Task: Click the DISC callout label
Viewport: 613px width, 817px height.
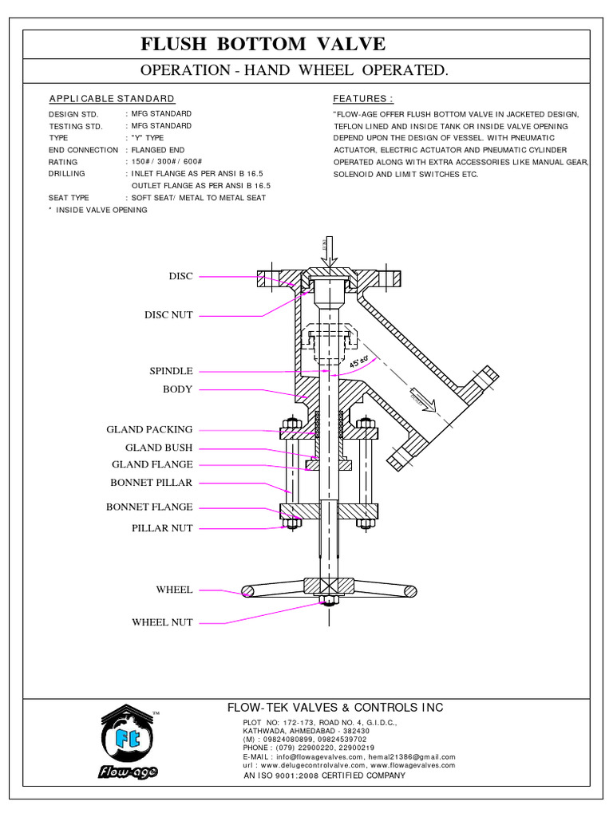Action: click(180, 276)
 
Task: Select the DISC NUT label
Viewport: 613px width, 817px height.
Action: click(168, 315)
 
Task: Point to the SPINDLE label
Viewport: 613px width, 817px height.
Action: click(171, 371)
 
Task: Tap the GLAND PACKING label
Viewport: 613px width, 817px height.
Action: click(149, 430)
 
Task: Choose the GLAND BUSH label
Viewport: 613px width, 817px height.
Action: click(159, 448)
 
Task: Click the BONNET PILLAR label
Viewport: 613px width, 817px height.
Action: click(151, 483)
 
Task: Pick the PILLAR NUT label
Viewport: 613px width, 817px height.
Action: click(162, 528)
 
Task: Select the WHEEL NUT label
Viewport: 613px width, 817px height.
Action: click(162, 622)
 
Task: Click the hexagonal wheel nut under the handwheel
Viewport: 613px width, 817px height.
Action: click(329, 600)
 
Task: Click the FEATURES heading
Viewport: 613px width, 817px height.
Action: click(363, 99)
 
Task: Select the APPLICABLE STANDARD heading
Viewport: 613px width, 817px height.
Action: click(112, 99)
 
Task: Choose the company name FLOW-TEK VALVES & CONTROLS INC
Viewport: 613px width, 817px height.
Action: click(335, 708)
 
